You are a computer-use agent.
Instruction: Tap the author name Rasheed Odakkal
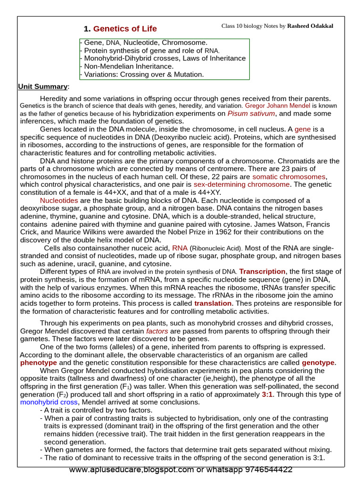pos(310,26)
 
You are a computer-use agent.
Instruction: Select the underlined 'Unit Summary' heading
pos(43,86)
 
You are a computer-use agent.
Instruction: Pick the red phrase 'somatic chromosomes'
pos(289,176)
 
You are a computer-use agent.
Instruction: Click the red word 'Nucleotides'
pos(58,200)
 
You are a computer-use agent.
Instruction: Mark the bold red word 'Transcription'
pos(263,271)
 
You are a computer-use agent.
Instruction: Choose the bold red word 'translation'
pos(213,303)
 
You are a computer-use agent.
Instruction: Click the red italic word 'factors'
pos(156,331)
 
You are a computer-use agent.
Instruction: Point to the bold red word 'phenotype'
pos(39,362)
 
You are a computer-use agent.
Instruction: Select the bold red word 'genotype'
pos(319,362)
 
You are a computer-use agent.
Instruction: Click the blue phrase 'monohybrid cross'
pos(49,402)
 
